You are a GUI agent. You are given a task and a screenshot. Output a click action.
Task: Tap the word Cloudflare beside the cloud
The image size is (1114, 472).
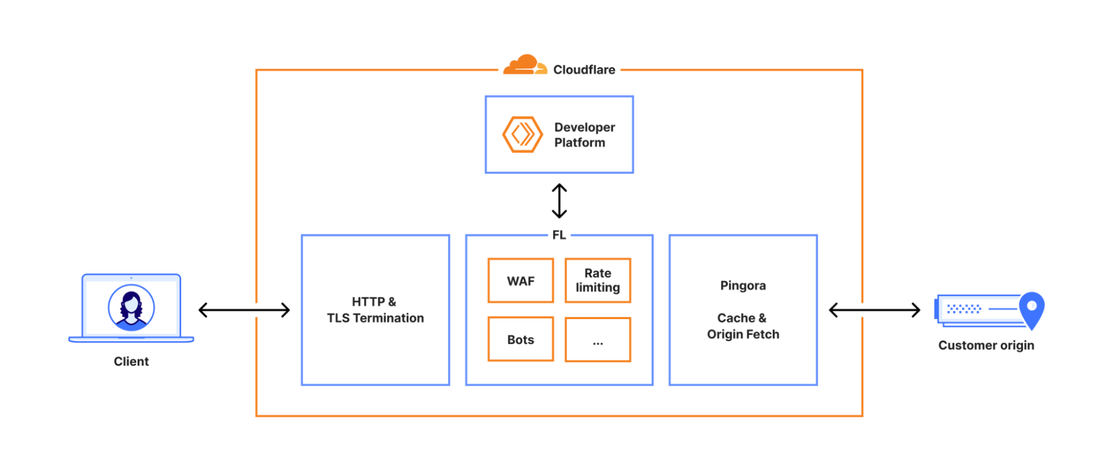(x=583, y=70)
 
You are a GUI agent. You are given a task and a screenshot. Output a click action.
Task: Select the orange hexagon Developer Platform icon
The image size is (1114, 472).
(x=522, y=134)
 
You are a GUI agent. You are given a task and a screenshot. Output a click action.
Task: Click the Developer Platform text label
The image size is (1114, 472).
(x=584, y=135)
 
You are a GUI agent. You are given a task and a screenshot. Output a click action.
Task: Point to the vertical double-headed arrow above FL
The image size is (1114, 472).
(x=559, y=201)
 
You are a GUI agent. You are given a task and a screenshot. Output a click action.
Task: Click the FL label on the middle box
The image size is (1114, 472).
(x=559, y=235)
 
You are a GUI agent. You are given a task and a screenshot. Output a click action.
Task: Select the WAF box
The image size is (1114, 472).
(x=520, y=281)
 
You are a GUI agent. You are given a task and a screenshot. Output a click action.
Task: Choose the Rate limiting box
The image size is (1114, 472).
(x=597, y=281)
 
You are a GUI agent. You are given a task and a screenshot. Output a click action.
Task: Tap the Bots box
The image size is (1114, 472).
(x=520, y=339)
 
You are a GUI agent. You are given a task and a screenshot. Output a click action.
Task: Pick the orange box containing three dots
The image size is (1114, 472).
(x=597, y=340)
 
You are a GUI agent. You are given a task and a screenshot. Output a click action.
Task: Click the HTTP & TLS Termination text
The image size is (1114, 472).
(x=375, y=310)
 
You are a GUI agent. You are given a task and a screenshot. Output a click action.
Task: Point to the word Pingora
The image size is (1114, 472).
(x=743, y=286)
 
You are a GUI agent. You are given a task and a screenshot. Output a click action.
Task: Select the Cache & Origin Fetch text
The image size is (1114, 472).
(x=743, y=326)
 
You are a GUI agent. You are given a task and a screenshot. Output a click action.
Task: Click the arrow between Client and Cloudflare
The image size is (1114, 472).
(x=244, y=310)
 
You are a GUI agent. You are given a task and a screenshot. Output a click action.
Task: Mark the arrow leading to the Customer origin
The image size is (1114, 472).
(x=874, y=310)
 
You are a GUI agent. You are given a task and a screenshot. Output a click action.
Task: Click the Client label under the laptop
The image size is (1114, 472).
(x=131, y=362)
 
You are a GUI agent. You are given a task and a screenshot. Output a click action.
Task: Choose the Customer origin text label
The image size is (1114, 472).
(x=985, y=345)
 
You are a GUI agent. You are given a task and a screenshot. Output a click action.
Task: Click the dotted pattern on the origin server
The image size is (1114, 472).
(x=964, y=309)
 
